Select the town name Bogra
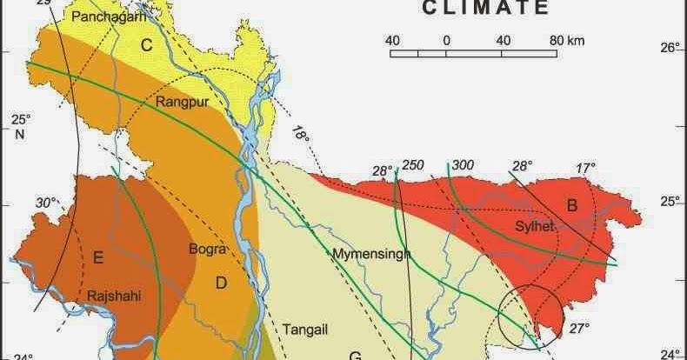coord(207,250)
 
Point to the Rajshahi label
coord(114,297)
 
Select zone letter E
coord(98,257)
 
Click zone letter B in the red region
coord(572,206)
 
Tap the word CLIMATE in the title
coord(486,9)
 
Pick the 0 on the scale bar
coord(446,40)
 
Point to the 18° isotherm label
coord(300,135)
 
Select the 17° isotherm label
coord(586,168)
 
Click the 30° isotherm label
coord(45,203)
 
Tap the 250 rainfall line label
coord(413,166)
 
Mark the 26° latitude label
coord(670,48)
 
